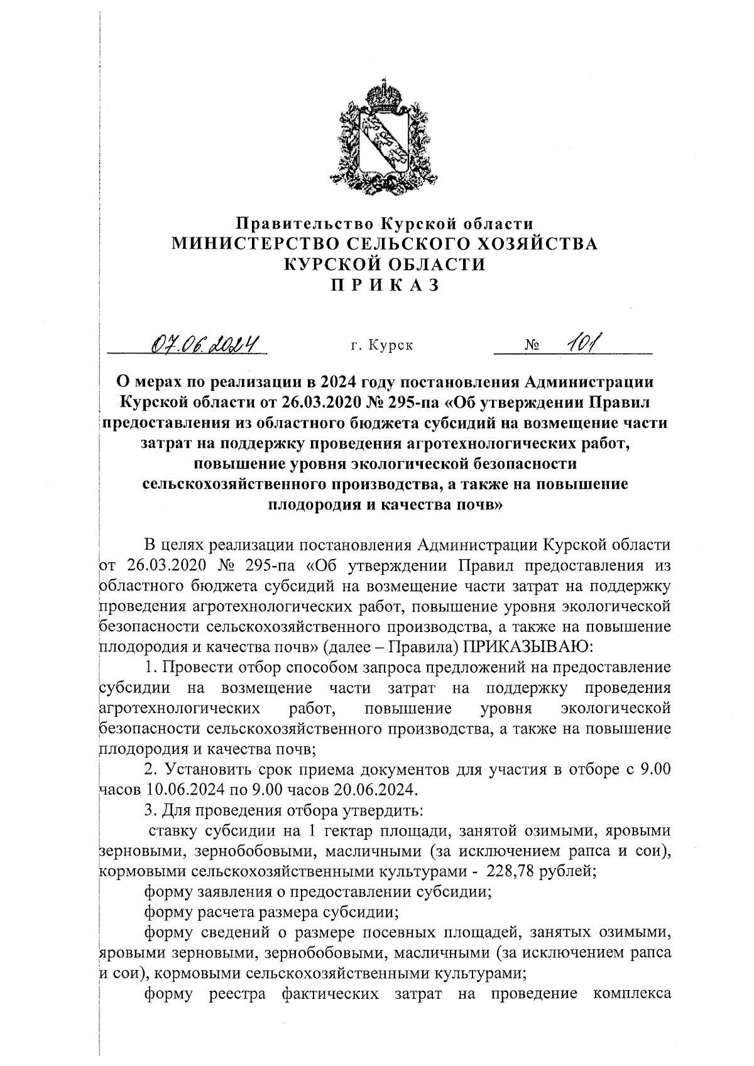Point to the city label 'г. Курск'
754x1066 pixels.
click(x=382, y=345)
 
